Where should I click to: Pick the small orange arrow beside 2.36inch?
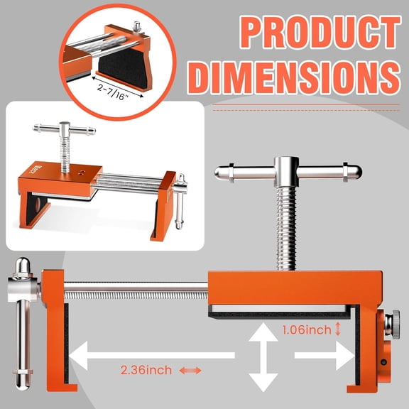(190, 370)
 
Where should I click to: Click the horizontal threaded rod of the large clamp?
(135, 288)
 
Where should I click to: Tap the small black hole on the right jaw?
(383, 363)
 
